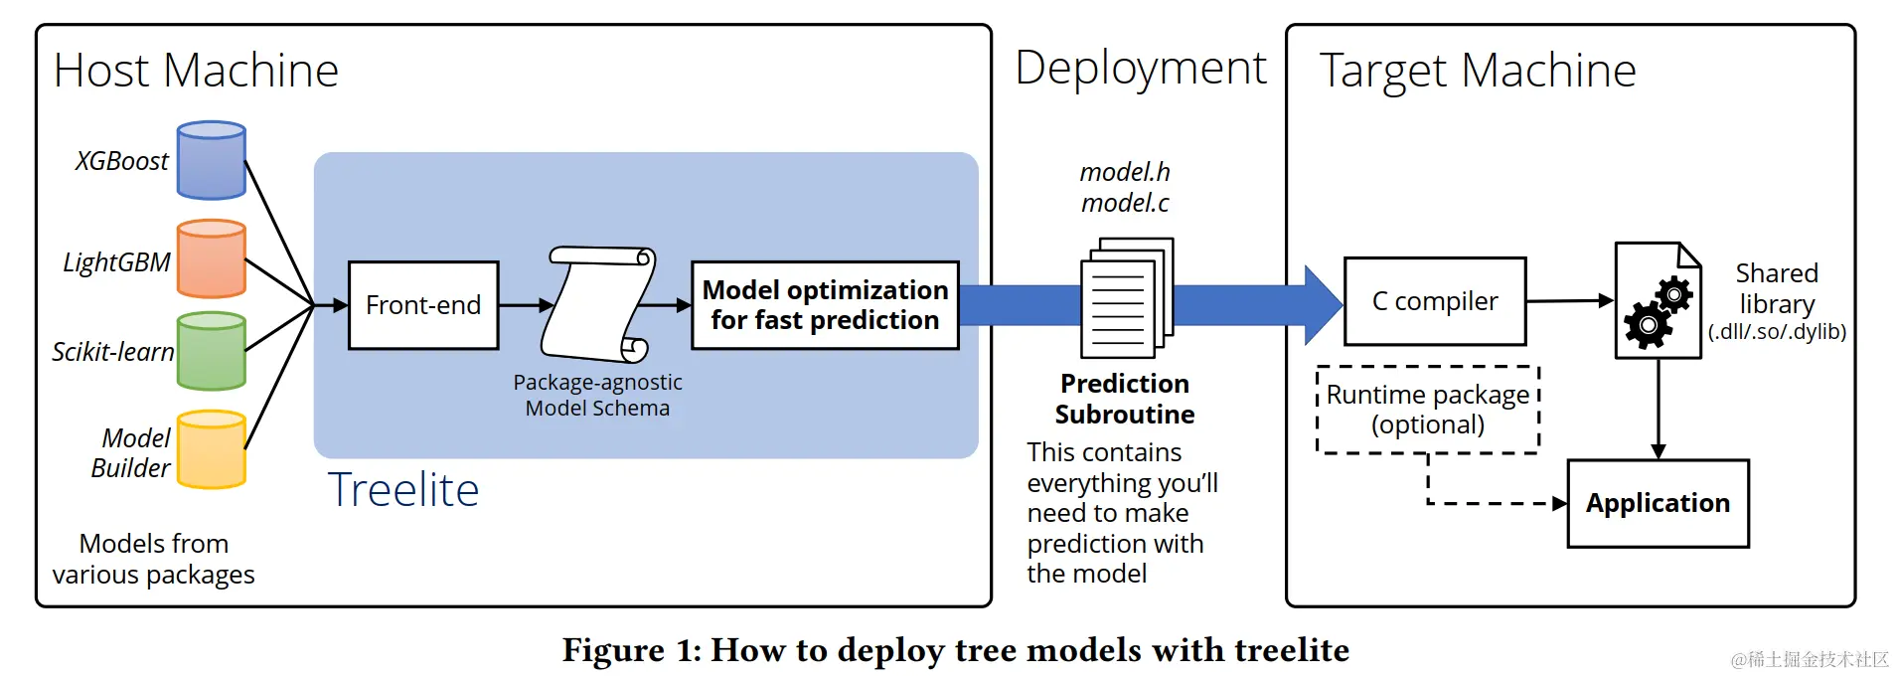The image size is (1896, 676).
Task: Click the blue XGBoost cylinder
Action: click(x=211, y=160)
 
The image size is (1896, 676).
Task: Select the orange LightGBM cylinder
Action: click(x=211, y=258)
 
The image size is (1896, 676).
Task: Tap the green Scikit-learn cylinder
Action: click(x=211, y=351)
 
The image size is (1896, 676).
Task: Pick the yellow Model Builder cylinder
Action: click(x=211, y=449)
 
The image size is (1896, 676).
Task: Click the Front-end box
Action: click(x=423, y=305)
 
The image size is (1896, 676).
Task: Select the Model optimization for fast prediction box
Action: click(x=825, y=305)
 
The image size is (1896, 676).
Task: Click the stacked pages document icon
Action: click(x=1126, y=298)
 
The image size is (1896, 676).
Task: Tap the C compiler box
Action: click(x=1434, y=301)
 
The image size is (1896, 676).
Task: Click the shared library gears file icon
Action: click(x=1658, y=300)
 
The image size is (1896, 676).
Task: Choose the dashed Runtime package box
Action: click(x=1427, y=410)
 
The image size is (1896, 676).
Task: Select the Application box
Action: click(x=1658, y=503)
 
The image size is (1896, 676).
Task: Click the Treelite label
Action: click(x=403, y=490)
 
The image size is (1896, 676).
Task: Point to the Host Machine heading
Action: click(x=196, y=71)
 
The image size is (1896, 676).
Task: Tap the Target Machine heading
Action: click(x=1477, y=71)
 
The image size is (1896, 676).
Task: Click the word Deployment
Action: click(x=1140, y=69)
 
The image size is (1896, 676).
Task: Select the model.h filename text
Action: click(x=1125, y=172)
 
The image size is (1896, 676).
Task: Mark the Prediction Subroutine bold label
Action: click(x=1125, y=399)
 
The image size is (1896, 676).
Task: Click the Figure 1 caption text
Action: click(x=955, y=650)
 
